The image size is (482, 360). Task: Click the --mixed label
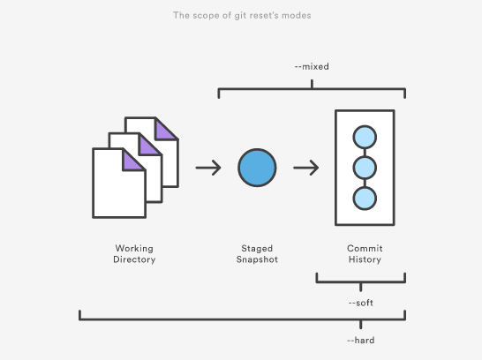coord(312,67)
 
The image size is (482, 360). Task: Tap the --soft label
coord(360,303)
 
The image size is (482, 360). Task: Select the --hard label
coord(360,341)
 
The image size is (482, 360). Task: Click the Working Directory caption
coord(134,254)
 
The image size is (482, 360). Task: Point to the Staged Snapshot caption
coord(257,254)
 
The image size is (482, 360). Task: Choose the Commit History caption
coord(365,254)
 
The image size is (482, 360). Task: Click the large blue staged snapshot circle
coord(257,168)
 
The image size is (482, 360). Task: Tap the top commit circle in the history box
coord(365,137)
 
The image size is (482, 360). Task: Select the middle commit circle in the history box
coord(365,168)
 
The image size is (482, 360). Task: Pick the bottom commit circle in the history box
coord(365,199)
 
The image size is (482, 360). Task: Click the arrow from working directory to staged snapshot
coord(208,168)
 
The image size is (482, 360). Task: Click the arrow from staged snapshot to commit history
coord(305,168)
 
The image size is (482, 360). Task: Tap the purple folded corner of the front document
coord(131,162)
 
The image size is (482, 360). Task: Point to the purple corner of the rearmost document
coord(163,131)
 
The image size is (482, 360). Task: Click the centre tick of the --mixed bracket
coord(312,84)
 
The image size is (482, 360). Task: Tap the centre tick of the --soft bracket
coord(360,287)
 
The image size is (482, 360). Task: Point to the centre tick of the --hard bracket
coord(360,325)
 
